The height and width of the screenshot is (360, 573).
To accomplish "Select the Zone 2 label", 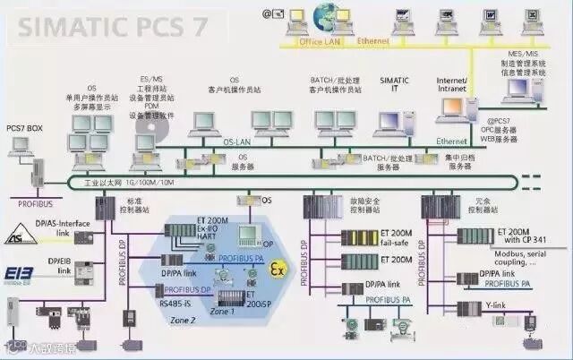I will point(184,319).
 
